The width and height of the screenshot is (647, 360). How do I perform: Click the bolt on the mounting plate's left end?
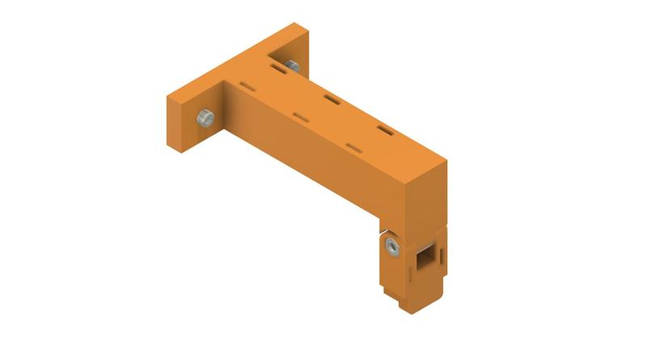205,118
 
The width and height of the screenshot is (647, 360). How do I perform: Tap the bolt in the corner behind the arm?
292,66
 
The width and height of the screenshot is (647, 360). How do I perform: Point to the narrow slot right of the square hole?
443,253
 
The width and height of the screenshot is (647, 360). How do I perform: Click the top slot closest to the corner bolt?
277,72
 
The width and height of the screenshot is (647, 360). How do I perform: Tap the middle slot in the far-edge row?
331,100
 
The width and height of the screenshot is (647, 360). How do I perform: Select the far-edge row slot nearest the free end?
384,129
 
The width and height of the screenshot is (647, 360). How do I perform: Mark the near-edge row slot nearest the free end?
353,146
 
